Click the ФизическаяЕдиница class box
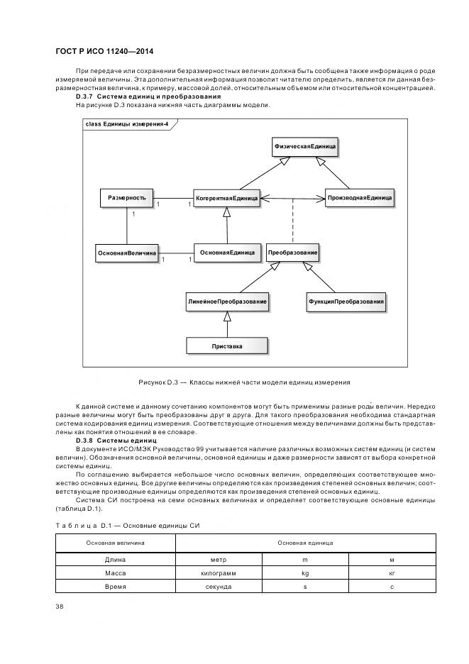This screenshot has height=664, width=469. [x=305, y=147]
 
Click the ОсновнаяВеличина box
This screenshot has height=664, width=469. [x=126, y=253]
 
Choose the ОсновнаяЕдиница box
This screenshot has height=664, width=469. [x=226, y=253]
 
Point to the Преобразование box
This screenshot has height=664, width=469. [x=293, y=253]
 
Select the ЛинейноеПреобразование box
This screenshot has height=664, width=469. [x=226, y=301]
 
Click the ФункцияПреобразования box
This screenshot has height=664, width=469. [x=346, y=301]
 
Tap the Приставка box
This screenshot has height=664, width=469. [x=226, y=345]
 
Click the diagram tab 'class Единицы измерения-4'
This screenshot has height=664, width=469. [x=126, y=124]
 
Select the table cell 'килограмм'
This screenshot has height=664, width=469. [x=219, y=572]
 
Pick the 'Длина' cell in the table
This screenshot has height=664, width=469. [x=115, y=560]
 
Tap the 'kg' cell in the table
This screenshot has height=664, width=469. [x=305, y=572]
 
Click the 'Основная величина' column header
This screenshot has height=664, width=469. [x=116, y=543]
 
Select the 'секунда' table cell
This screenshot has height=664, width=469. [x=219, y=586]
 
